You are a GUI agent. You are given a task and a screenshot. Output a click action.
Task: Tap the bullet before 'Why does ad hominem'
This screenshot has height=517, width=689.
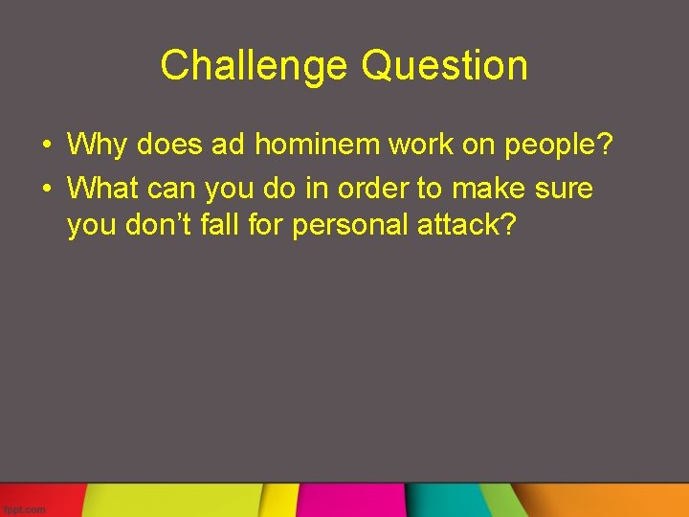pos(46,146)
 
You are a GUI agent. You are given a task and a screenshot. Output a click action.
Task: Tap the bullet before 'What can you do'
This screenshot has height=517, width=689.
pos(46,190)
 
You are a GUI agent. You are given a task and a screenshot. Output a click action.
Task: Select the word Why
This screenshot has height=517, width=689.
pos(99,146)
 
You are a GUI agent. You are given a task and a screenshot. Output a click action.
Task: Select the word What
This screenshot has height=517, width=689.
pos(106,189)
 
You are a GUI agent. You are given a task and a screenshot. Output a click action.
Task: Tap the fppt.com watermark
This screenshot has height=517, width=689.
pos(23,509)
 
